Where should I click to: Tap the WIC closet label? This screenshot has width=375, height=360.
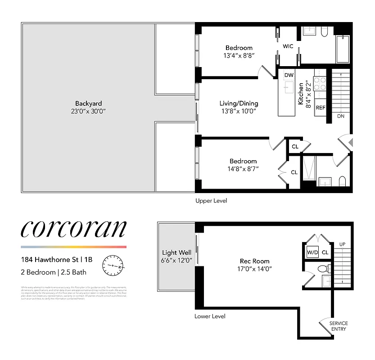click(288, 46)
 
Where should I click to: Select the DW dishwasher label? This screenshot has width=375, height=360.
click(289, 75)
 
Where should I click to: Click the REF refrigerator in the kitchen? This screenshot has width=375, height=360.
click(321, 108)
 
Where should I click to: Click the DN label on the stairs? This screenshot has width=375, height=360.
click(341, 116)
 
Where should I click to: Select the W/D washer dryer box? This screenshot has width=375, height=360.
click(312, 252)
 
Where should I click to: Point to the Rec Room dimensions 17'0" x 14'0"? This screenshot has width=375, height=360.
click(254, 269)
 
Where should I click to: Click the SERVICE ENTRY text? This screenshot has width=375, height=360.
click(338, 326)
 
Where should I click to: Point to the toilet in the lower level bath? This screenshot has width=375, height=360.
click(322, 269)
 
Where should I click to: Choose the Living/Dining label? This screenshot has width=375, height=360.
click(239, 103)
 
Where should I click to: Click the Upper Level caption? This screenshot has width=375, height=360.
click(211, 201)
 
